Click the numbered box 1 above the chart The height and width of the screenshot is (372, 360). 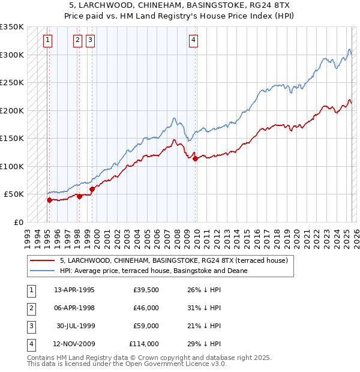coord(47,40)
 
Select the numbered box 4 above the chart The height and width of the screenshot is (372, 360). coord(194,40)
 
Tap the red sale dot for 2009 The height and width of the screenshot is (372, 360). coord(196,159)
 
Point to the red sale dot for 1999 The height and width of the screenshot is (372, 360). coord(92,190)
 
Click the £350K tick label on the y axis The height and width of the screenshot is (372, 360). coord(12,27)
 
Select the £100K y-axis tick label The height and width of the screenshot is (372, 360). coord(12,166)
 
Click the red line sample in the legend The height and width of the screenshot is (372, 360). coord(43,261)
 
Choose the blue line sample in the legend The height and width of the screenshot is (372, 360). coord(43,271)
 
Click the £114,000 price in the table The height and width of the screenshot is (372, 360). coord(144,344)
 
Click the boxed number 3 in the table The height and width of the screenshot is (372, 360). coord(31,326)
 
